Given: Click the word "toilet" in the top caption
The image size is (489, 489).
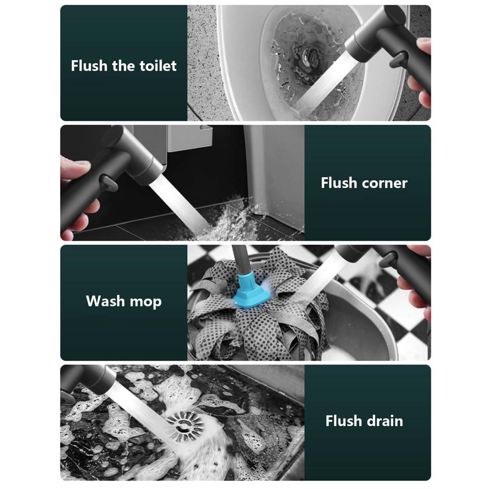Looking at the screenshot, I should (158, 66).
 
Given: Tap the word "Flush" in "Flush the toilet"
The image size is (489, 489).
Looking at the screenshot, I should (89, 66).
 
